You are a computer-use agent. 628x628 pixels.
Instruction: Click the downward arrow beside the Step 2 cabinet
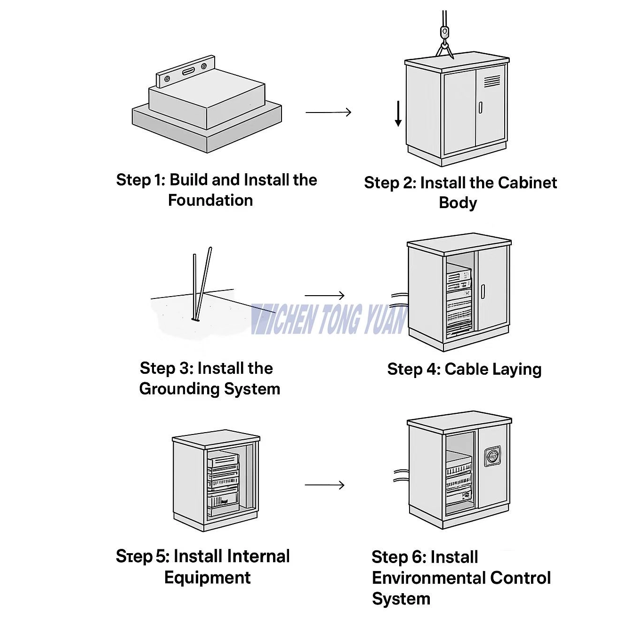point(398,113)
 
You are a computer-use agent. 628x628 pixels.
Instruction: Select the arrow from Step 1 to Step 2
point(328,112)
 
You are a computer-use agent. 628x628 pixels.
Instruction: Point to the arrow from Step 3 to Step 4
point(324,296)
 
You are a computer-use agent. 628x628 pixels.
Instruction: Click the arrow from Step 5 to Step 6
point(324,485)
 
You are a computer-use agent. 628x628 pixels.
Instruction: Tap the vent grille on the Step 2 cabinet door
point(492,81)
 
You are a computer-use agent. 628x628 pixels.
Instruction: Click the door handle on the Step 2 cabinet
point(480,107)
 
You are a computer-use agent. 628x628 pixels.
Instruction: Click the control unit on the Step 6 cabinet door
point(491,456)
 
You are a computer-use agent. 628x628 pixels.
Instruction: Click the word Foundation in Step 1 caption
point(210,200)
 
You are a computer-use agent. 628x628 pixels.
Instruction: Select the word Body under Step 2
point(458,203)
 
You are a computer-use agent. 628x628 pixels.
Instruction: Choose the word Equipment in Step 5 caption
point(207,578)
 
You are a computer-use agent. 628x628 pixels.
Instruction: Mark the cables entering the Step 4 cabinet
point(399,299)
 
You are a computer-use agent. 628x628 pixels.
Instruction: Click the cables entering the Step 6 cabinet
point(400,475)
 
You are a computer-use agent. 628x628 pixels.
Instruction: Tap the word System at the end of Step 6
point(401,599)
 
